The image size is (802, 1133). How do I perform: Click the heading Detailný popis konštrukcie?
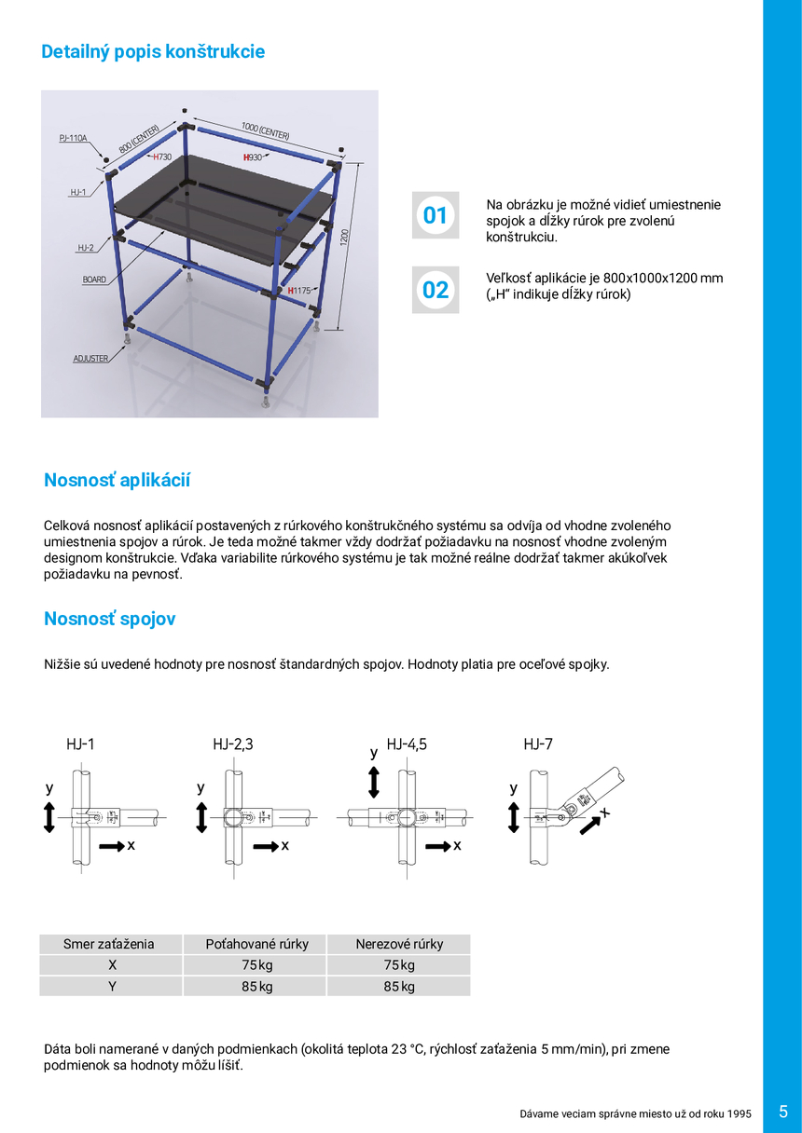point(153,52)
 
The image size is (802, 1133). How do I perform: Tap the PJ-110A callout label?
point(73,138)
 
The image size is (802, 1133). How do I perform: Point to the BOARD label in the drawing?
point(94,279)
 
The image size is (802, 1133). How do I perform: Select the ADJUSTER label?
point(90,359)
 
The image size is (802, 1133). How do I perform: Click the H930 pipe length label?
point(253,157)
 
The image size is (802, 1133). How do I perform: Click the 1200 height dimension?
point(344,236)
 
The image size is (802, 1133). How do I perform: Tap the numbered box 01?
point(436,216)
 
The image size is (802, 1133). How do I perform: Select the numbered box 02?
point(436,290)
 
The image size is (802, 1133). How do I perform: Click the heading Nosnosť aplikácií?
point(118,481)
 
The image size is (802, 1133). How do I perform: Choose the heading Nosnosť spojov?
point(110,620)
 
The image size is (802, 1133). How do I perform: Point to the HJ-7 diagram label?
point(538,744)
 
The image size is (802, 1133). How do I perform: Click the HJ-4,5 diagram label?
point(408,744)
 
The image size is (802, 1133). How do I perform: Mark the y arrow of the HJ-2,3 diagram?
point(201,817)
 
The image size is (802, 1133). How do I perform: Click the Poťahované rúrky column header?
point(256,944)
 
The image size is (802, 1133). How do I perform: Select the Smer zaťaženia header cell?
point(109,944)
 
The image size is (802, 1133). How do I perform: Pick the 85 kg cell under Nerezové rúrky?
point(399,986)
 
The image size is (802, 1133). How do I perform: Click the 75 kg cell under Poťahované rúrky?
point(256,965)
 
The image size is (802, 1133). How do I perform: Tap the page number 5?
point(783,1112)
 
